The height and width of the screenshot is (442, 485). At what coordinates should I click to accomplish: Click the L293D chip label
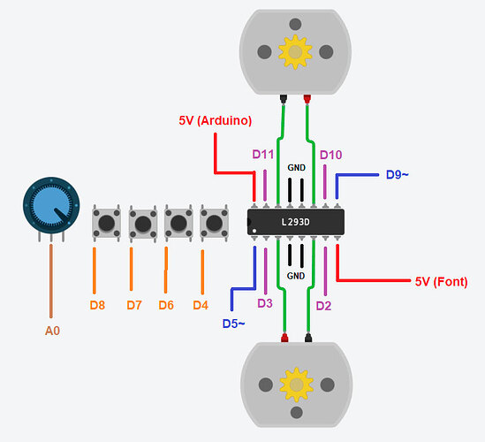pyautogui.click(x=295, y=222)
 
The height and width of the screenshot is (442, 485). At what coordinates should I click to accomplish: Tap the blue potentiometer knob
pyautogui.click(x=51, y=205)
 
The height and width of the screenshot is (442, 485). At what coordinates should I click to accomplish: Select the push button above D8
pyautogui.click(x=106, y=223)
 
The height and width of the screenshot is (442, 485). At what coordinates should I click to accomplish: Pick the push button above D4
pyautogui.click(x=214, y=223)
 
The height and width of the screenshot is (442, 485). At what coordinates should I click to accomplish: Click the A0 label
pyautogui.click(x=52, y=331)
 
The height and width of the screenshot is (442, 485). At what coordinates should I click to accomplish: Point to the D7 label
pyautogui.click(x=134, y=305)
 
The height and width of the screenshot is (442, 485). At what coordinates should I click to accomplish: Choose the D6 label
pyautogui.click(x=166, y=305)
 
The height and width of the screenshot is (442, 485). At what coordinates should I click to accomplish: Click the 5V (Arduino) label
pyautogui.click(x=216, y=120)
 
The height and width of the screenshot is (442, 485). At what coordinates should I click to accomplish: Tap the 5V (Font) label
pyautogui.click(x=442, y=282)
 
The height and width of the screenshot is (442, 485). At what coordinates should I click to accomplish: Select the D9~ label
pyautogui.click(x=398, y=175)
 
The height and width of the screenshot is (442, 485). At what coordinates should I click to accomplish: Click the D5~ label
pyautogui.click(x=233, y=324)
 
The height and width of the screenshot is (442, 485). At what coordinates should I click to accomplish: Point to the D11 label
pyautogui.click(x=263, y=154)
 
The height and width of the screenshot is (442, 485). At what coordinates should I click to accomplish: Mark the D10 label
pyautogui.click(x=330, y=155)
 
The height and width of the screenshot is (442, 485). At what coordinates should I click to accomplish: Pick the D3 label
pyautogui.click(x=265, y=303)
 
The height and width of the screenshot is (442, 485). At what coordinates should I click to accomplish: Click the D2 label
pyautogui.click(x=323, y=306)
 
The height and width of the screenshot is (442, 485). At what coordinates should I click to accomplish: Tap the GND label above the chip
pyautogui.click(x=296, y=168)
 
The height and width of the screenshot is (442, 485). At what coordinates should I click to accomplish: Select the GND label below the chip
pyautogui.click(x=296, y=276)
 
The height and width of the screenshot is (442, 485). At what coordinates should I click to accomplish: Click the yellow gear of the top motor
pyautogui.click(x=295, y=51)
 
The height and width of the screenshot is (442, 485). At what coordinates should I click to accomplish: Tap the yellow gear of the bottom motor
pyautogui.click(x=297, y=385)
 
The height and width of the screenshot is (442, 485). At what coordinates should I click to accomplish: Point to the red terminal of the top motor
pyautogui.click(x=307, y=99)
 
